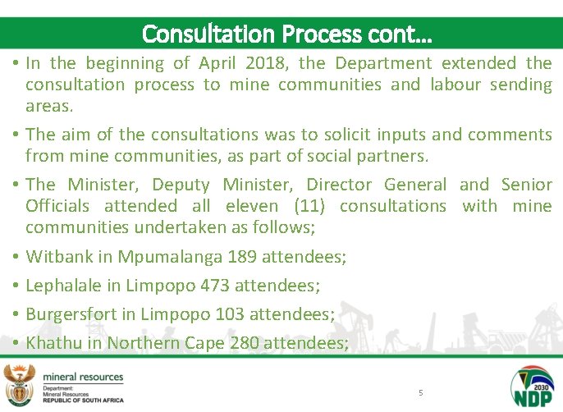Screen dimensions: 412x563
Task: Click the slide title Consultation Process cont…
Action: click(x=287, y=34)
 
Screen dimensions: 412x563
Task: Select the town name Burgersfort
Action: click(x=71, y=314)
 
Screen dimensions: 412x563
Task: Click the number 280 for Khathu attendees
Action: click(x=245, y=342)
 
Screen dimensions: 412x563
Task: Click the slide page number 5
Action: click(x=421, y=393)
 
